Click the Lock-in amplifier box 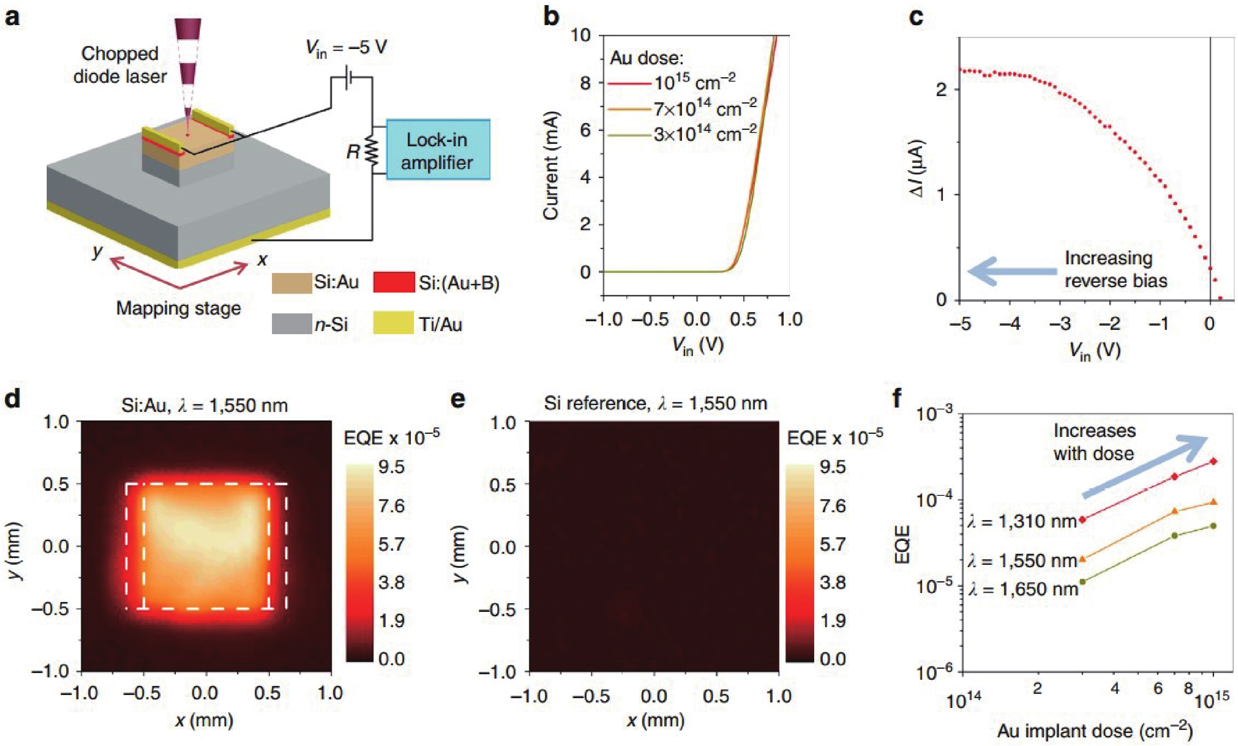438,150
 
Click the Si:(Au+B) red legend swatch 394,282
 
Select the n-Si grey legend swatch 292,324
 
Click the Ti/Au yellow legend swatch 394,324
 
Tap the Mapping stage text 179,308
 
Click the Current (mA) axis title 551,166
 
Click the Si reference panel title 655,403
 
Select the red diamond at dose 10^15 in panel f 1214,461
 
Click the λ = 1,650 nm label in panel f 1023,589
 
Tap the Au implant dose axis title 1095,731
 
